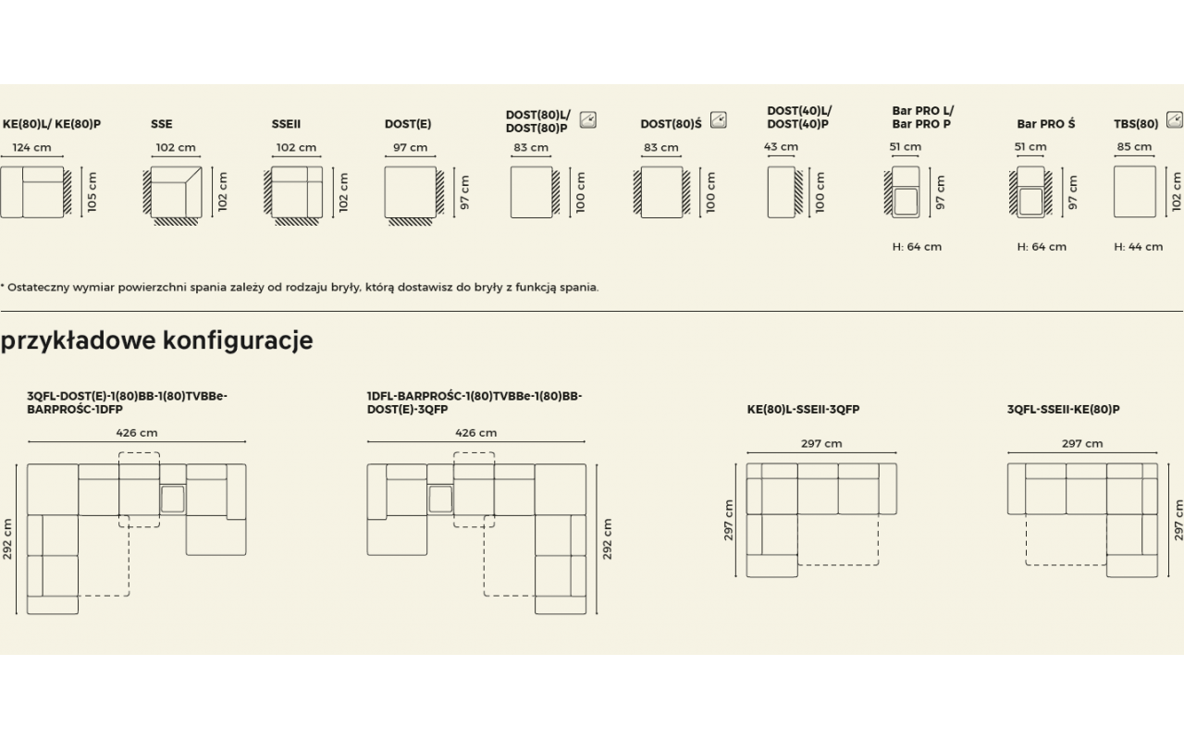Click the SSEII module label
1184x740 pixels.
point(286,124)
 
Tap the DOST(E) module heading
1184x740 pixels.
point(408,124)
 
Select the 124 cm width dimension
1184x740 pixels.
point(31,147)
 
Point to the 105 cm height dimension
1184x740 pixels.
point(92,191)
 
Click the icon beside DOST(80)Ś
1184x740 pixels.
point(719,120)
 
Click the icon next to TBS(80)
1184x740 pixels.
point(1175,120)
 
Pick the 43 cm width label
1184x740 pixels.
point(781,146)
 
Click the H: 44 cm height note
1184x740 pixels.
point(1139,247)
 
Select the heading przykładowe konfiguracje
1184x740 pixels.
point(157,341)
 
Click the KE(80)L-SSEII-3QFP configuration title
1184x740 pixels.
point(804,409)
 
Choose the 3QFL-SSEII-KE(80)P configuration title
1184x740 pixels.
point(1064,409)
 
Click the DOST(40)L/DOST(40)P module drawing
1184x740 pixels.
point(785,191)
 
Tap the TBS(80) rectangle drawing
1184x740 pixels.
point(1135,191)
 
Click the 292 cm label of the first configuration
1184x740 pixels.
point(7,538)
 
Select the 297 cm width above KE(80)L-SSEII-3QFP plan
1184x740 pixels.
point(821,443)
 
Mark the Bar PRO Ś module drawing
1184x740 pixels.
point(1030,191)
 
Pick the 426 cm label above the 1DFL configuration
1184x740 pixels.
point(476,433)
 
